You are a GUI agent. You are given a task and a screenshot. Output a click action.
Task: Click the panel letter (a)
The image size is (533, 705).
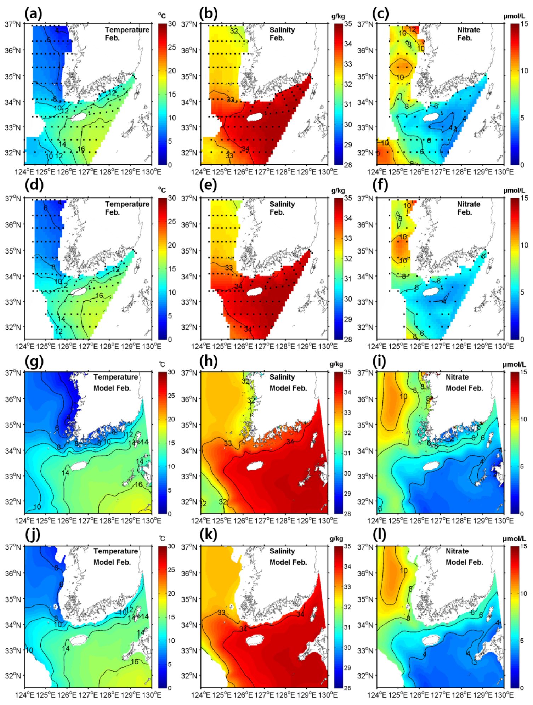coord(33,14)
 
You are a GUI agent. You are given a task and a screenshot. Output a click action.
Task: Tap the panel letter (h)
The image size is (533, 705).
coord(208,362)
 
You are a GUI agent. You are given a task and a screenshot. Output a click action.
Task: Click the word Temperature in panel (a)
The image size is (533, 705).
coord(127,30)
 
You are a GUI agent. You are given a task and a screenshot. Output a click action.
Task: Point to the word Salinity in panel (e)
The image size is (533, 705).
coord(282,204)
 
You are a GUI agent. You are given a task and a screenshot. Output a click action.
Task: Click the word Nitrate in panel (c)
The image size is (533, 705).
coord(468,30)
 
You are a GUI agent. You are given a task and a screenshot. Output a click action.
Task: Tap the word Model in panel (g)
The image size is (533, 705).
coord(102,388)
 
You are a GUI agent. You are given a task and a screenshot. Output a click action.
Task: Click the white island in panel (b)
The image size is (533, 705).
coord(255,117)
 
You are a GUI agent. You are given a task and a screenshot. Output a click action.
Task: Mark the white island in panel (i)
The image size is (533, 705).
coord(431,466)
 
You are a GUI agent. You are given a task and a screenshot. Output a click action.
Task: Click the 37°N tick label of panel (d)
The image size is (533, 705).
coord(13,199)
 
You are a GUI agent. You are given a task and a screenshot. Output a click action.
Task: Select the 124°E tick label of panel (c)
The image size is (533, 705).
coord(375,172)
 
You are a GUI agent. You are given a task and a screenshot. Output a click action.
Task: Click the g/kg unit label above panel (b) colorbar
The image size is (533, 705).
coord(338,16)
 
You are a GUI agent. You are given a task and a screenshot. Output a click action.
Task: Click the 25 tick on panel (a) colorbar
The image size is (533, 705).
coord(172,47)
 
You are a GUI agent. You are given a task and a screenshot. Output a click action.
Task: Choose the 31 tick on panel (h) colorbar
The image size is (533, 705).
coord(347,453)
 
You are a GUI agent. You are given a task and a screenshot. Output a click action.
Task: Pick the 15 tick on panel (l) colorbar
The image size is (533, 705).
coord(524,546)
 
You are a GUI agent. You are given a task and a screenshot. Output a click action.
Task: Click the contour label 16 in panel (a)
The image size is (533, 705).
coord(81,149)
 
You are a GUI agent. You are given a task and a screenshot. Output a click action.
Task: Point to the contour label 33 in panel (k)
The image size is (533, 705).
coord(221,613)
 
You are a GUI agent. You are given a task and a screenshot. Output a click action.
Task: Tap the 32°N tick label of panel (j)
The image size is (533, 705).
coord(13,676)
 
